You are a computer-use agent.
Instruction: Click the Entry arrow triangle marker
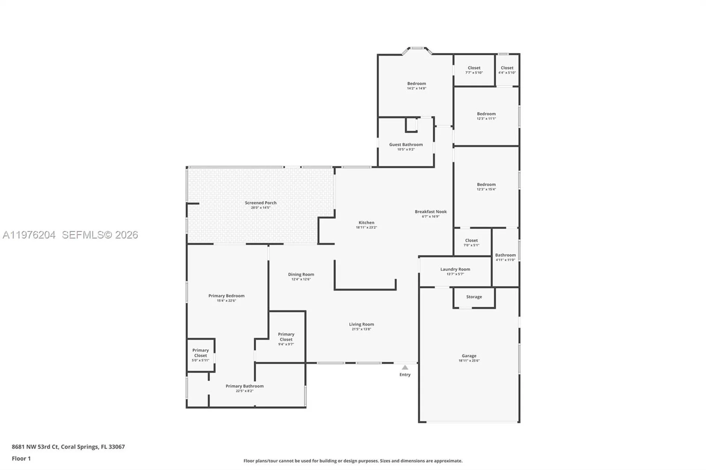coord(405,367)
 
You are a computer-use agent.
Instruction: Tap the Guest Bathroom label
coord(406,144)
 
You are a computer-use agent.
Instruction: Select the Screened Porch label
coord(260,202)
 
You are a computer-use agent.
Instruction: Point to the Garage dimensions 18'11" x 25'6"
coord(469,361)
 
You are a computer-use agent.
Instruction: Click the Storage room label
coord(474,297)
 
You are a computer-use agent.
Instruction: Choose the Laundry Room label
coord(455,269)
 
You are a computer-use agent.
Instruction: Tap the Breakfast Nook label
coord(431,211)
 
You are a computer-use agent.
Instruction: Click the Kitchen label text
coord(366,222)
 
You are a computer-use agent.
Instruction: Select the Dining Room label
coord(301,274)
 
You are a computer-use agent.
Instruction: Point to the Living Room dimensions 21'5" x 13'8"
coord(361,329)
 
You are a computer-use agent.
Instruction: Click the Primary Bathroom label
coord(245,386)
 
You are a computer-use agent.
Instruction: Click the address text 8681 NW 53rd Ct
coord(35,447)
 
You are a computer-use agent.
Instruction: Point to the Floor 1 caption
coord(21,458)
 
